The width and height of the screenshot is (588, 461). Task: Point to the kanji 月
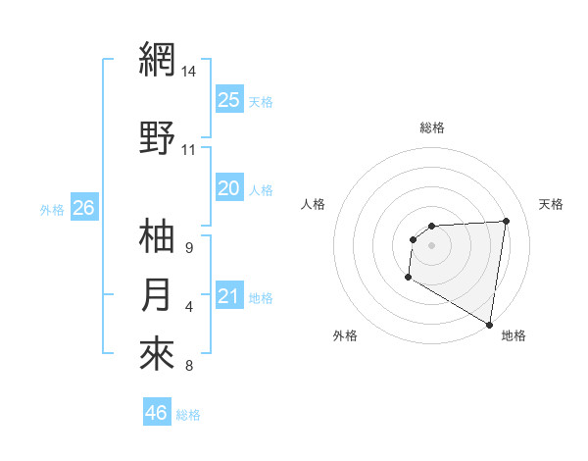(x=157, y=295)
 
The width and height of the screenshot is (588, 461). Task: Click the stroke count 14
(x=189, y=72)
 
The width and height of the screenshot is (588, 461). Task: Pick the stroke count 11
(x=189, y=150)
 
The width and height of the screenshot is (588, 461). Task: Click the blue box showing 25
(x=228, y=99)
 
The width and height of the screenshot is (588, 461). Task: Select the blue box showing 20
(x=228, y=187)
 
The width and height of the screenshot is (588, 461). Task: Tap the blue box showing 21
(x=228, y=296)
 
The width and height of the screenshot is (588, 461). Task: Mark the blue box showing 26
(x=83, y=207)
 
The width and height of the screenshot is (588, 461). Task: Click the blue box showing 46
(x=157, y=413)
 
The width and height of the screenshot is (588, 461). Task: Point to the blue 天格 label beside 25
(x=261, y=101)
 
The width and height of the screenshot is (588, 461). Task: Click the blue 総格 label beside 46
(x=188, y=415)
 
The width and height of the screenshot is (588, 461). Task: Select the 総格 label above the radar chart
(x=431, y=128)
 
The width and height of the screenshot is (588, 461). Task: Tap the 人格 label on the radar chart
(x=313, y=204)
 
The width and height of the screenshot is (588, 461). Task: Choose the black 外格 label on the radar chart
(x=345, y=335)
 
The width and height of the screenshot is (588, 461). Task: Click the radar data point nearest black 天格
(x=506, y=221)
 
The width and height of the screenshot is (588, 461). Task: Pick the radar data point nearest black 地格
(x=489, y=324)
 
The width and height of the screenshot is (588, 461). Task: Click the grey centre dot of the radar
(x=431, y=245)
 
